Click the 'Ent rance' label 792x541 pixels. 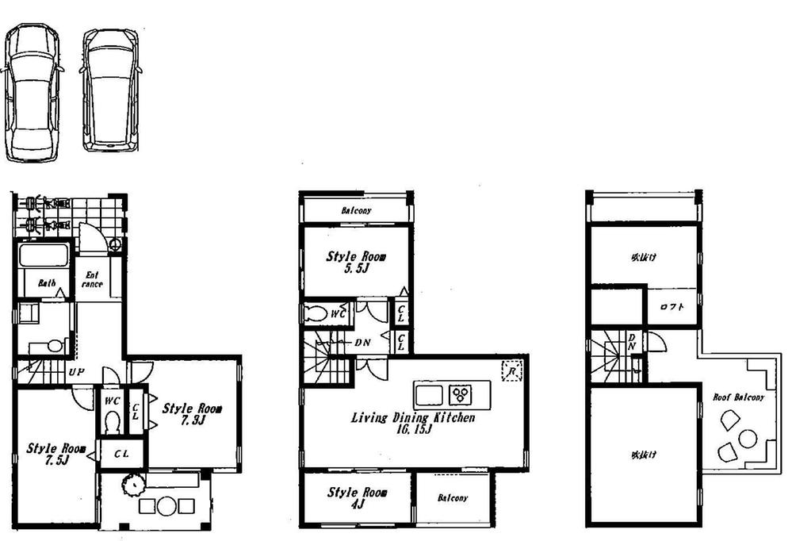click(x=91, y=279)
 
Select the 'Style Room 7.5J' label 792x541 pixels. click(x=55, y=454)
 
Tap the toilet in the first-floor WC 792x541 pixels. click(x=112, y=420)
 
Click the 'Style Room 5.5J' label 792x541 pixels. click(x=357, y=263)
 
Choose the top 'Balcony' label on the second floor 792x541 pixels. click(x=356, y=211)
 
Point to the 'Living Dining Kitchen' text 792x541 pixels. click(x=413, y=419)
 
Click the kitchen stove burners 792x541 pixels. click(x=460, y=393)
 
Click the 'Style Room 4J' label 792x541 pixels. click(x=357, y=498)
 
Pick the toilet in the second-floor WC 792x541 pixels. click(x=316, y=313)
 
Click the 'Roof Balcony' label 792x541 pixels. click(x=738, y=397)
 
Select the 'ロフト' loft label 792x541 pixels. click(x=671, y=308)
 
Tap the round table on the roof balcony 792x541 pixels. click(x=748, y=437)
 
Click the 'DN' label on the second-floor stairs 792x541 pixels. click(x=362, y=343)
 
